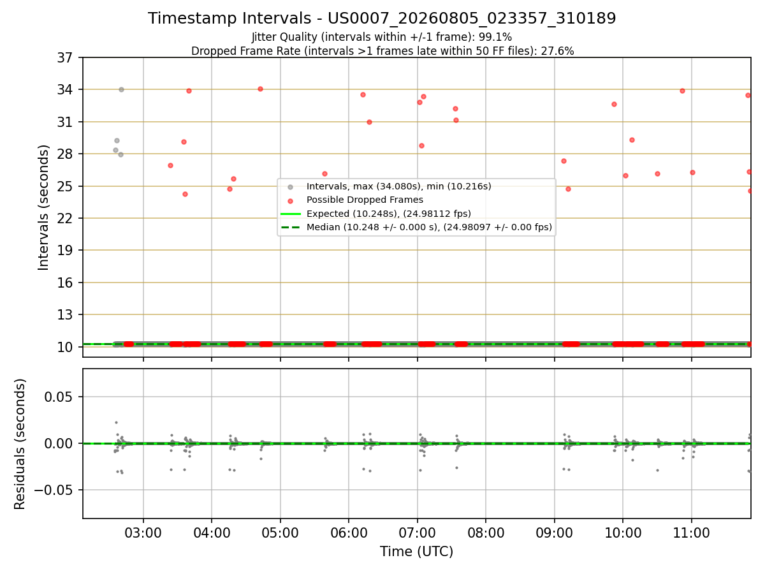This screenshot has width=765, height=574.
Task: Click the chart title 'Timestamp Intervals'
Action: pyautogui.click(x=229, y=18)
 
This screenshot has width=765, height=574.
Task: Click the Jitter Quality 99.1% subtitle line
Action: pyautogui.click(x=382, y=37)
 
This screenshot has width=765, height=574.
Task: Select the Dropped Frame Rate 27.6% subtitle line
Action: pyautogui.click(x=382, y=51)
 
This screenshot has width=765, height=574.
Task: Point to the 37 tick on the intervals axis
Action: pyautogui.click(x=65, y=58)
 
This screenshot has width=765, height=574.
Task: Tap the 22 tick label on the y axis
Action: pyautogui.click(x=65, y=219)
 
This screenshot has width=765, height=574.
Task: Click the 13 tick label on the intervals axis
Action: pyautogui.click(x=65, y=314)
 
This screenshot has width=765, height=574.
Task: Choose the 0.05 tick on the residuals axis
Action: pyautogui.click(x=59, y=397)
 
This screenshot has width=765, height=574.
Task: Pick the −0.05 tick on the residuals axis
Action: pyautogui.click(x=54, y=490)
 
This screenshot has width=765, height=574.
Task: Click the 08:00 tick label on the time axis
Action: pyautogui.click(x=486, y=533)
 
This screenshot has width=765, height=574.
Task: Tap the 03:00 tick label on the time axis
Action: pyautogui.click(x=143, y=533)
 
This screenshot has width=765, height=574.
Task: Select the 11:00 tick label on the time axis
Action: pyautogui.click(x=692, y=533)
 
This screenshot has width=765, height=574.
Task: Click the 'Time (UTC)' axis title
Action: pyautogui.click(x=416, y=552)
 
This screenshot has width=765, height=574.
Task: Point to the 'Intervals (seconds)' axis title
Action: pyautogui.click(x=43, y=208)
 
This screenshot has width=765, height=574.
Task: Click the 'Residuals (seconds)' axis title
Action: pyautogui.click(x=20, y=444)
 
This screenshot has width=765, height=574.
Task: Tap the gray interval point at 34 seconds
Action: pyautogui.click(x=121, y=89)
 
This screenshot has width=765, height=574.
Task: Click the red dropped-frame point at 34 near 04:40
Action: pyautogui.click(x=260, y=89)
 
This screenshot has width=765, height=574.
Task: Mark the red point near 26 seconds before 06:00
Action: pyautogui.click(x=325, y=174)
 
